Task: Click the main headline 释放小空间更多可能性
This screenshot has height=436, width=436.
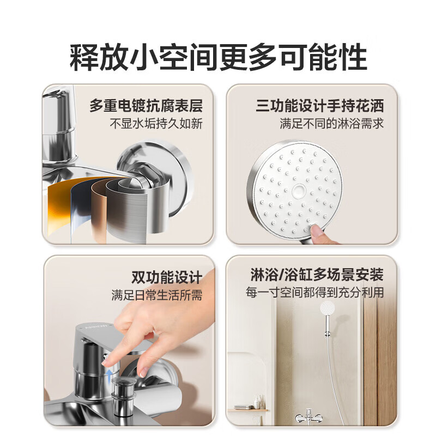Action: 219,58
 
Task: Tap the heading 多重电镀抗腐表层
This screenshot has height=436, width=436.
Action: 146,106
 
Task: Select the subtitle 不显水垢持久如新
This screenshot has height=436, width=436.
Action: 156,124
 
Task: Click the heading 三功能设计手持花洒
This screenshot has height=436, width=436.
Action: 320,106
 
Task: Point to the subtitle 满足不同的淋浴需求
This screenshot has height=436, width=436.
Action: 332,124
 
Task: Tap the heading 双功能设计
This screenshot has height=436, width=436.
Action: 167,277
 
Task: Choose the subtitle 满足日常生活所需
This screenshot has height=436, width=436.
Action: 157,295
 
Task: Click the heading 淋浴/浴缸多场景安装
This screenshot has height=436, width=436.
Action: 317,275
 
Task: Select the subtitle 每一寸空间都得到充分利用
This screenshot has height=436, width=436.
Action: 315,293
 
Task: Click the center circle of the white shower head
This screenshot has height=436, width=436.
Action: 299,191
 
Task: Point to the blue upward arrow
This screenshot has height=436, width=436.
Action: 110,376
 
